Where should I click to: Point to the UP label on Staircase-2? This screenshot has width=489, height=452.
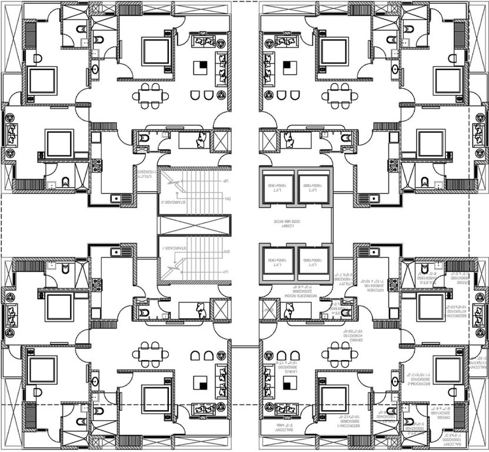(225, 181)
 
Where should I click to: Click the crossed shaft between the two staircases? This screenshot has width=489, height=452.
(192, 226)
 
